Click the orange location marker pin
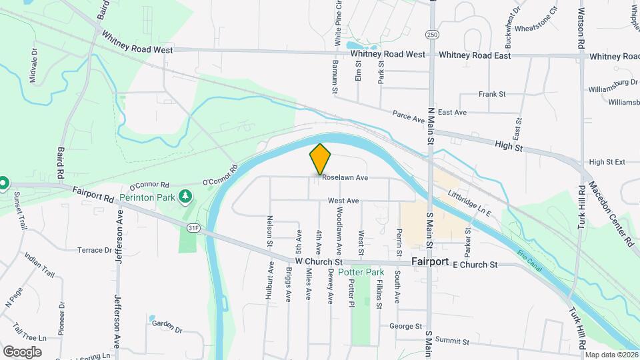[321, 159]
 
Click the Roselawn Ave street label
[345, 178]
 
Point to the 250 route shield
[432, 33]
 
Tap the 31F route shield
[193, 228]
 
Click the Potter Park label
[361, 272]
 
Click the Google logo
[22, 351]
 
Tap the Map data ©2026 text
[611, 355]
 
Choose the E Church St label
[475, 265]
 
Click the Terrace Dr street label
[94, 250]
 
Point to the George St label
[405, 327]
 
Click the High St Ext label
[607, 162]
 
